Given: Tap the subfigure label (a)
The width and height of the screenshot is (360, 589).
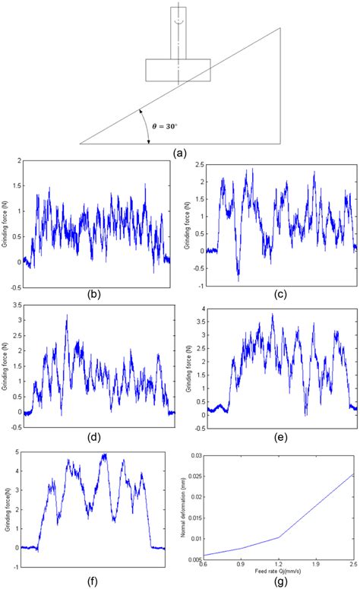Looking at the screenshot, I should pos(180,152).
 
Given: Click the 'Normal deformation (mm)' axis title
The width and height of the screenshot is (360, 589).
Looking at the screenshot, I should pos(185,506).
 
